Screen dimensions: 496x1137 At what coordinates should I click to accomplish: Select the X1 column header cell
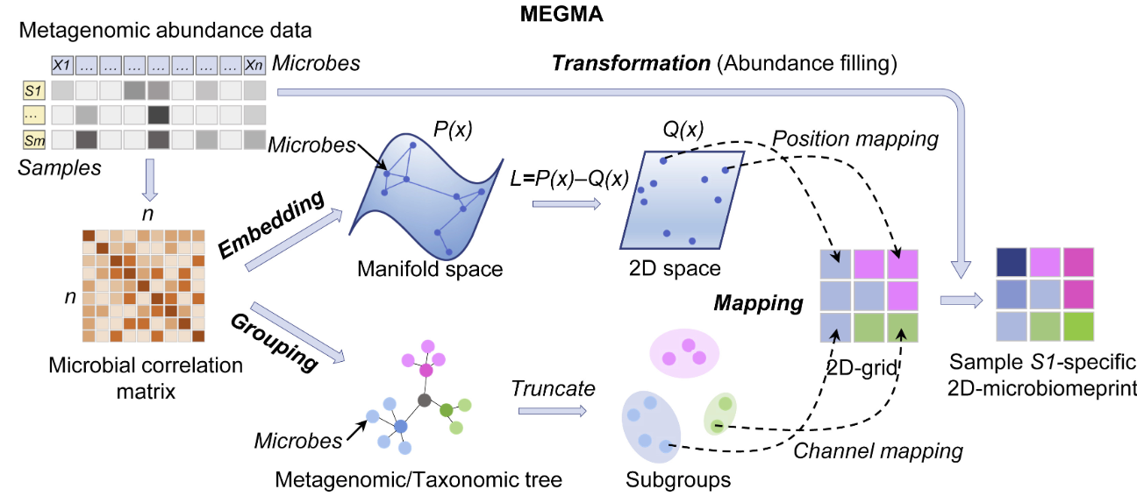tap(62, 65)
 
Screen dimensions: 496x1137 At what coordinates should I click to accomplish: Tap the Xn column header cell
tap(254, 65)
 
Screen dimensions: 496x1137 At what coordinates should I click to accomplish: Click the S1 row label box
tap(32, 90)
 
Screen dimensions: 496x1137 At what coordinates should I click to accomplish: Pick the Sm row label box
tap(32, 139)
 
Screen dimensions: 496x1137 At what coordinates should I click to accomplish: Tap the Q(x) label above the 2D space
tap(682, 130)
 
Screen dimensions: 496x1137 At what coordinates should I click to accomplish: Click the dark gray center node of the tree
tap(425, 400)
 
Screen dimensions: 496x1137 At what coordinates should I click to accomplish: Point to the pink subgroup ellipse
tap(683, 353)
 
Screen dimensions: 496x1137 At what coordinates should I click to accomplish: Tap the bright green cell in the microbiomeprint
tap(1080, 327)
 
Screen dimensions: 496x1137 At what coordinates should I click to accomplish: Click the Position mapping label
tap(855, 139)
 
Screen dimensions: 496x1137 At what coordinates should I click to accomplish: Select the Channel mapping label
tap(878, 451)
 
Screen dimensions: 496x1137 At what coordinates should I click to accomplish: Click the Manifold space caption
tap(430, 269)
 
